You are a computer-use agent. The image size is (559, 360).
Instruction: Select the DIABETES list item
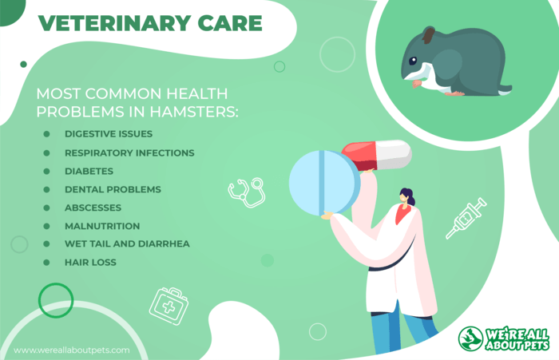click(89, 171)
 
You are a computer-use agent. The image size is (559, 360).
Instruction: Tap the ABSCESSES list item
click(93, 208)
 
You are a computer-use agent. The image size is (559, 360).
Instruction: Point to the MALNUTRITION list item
click(102, 226)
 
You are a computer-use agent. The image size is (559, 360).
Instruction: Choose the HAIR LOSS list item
click(90, 263)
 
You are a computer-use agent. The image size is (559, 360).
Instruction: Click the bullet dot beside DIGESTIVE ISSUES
click(46, 134)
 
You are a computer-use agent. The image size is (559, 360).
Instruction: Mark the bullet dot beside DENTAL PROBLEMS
click(46, 190)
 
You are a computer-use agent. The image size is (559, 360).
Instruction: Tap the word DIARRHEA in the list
click(164, 243)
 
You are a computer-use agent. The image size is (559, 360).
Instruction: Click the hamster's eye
click(413, 61)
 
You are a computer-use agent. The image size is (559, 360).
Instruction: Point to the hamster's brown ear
click(428, 35)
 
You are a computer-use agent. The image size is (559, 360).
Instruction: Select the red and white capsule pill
click(377, 155)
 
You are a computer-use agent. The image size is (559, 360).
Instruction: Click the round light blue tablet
click(324, 183)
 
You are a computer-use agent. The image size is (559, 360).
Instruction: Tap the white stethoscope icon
click(247, 192)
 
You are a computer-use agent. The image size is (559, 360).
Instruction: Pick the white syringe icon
click(466, 218)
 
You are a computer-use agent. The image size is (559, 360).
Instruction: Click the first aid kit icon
click(168, 307)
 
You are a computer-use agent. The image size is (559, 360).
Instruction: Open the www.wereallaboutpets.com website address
click(72, 350)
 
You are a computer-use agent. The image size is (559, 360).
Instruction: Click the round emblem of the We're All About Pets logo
click(470, 338)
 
